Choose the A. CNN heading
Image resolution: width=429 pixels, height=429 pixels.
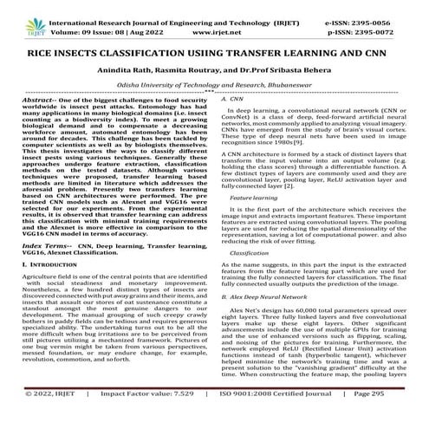pyautogui.click(x=232, y=101)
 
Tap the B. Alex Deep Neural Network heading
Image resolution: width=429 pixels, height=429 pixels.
pyautogui.click(x=268, y=321)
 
